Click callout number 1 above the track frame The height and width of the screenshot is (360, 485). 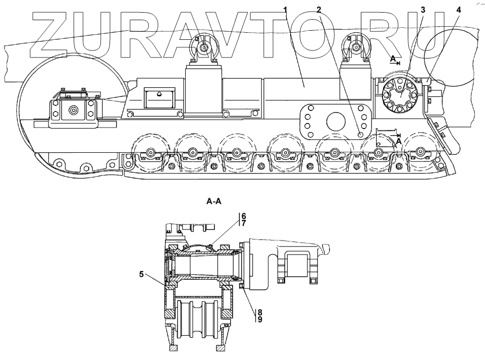(x=286, y=9)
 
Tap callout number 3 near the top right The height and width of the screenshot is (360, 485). (x=422, y=10)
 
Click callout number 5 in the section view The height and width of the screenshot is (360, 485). (x=143, y=275)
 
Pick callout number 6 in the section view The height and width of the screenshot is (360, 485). (x=243, y=215)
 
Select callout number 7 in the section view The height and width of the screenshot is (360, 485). (x=243, y=223)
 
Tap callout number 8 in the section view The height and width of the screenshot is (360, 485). (x=259, y=312)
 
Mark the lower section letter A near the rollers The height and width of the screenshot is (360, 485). (x=398, y=142)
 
